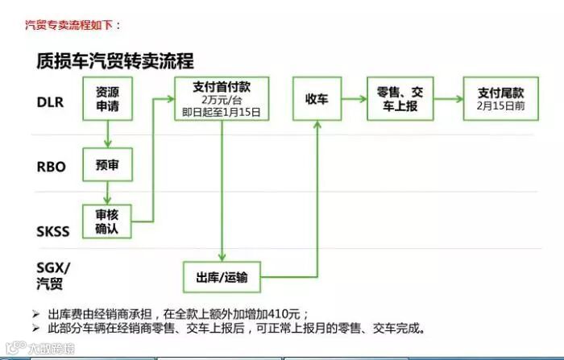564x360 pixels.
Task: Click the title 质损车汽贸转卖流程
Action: click(115, 60)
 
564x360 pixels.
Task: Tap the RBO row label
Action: click(51, 168)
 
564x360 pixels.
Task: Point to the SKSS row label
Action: click(53, 232)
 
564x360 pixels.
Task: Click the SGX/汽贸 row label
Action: click(53, 276)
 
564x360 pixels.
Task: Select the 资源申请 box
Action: click(107, 98)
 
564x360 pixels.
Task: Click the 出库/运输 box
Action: click(222, 278)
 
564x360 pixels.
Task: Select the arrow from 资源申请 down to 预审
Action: click(107, 134)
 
